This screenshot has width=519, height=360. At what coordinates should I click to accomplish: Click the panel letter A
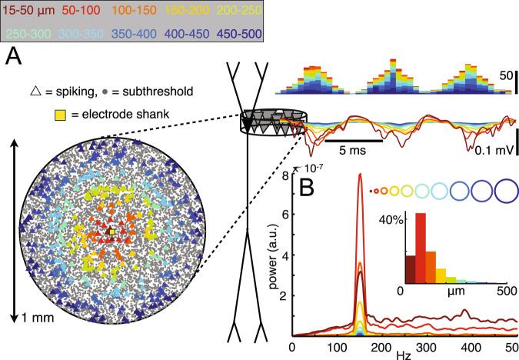(13, 58)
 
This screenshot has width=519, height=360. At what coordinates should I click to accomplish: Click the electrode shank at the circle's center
(111, 231)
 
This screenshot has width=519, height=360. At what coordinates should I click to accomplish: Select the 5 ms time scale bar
(353, 141)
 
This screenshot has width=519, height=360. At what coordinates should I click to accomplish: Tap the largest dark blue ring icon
(507, 189)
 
